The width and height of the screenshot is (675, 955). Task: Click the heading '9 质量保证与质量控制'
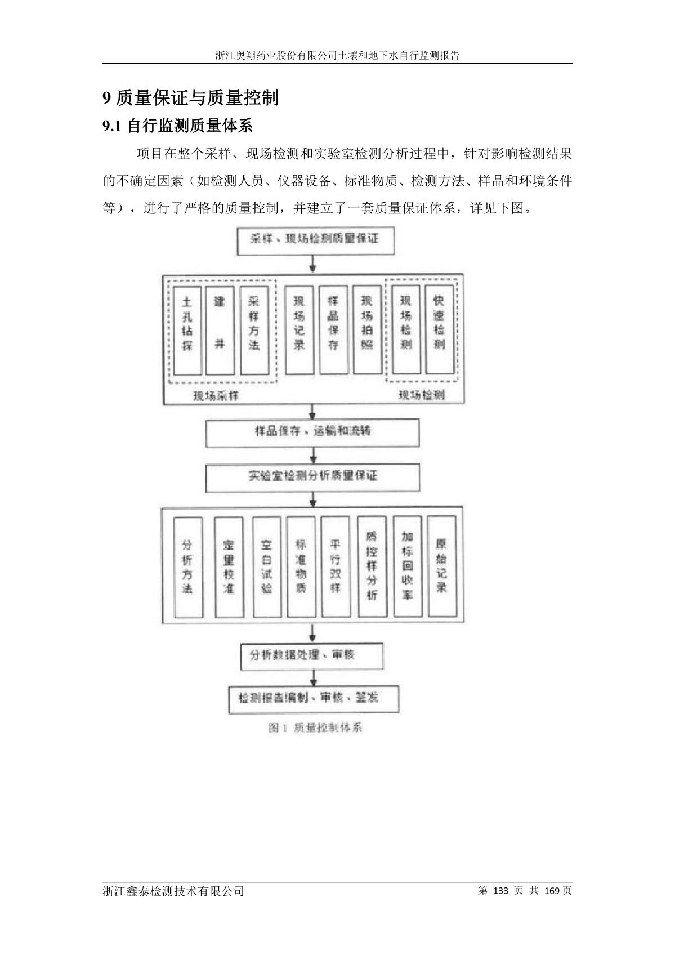pos(190,98)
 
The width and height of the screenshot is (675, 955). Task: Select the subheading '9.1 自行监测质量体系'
pos(177,126)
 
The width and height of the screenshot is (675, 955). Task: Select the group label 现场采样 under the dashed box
pos(216,396)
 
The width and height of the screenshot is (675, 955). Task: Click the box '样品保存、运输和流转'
pos(312,432)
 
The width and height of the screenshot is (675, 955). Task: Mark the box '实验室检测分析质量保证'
pos(312,476)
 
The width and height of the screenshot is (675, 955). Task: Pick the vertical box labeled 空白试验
pos(267,566)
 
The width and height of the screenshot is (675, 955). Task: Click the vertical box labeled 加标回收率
pos(406,566)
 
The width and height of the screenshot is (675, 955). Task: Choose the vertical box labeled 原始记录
pos(441,566)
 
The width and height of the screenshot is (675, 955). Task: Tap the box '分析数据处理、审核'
pos(311,655)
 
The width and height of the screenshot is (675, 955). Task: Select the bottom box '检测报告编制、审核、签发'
pos(313,699)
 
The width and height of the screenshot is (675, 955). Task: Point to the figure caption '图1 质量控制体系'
pos(315,728)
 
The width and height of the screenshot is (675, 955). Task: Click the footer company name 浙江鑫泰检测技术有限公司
pos(174,891)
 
